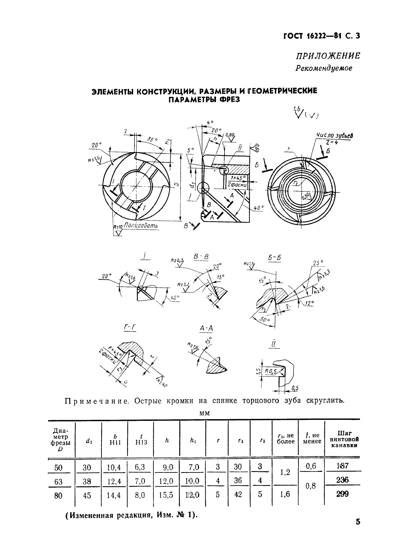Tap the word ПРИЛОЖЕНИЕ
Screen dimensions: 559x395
328,56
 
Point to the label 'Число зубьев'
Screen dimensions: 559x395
334,136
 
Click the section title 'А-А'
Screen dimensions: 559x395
206,329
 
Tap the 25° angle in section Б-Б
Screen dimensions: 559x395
317,263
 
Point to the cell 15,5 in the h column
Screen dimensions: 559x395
166,495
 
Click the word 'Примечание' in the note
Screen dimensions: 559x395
96,401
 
